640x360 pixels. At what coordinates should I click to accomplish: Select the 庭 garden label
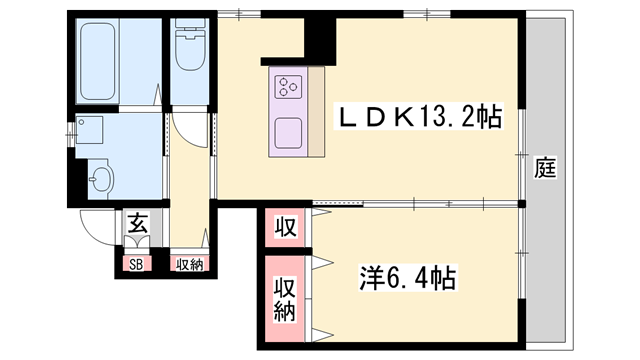point(544,167)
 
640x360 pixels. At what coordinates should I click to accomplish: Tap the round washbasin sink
point(101,179)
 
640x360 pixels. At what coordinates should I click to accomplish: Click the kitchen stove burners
point(291,88)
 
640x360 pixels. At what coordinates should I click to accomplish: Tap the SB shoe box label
point(134,265)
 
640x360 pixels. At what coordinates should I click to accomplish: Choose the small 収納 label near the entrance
point(188,265)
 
